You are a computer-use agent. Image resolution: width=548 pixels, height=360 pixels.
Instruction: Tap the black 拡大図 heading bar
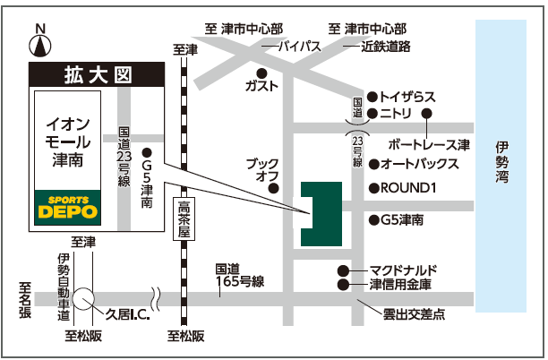98,74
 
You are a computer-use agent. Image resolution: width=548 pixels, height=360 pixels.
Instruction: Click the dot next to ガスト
261,73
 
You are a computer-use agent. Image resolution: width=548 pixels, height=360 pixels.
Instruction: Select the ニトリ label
394,114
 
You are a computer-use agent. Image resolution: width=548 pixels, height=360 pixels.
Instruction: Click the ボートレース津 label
429,143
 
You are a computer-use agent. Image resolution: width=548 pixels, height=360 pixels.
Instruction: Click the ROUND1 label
407,188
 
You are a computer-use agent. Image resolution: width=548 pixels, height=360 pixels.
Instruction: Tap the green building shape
321,214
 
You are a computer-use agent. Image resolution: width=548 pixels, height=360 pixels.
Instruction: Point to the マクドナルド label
402,270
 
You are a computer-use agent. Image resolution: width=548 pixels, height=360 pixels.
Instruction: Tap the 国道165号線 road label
239,275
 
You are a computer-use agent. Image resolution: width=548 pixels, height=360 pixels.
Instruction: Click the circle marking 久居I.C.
85,298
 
